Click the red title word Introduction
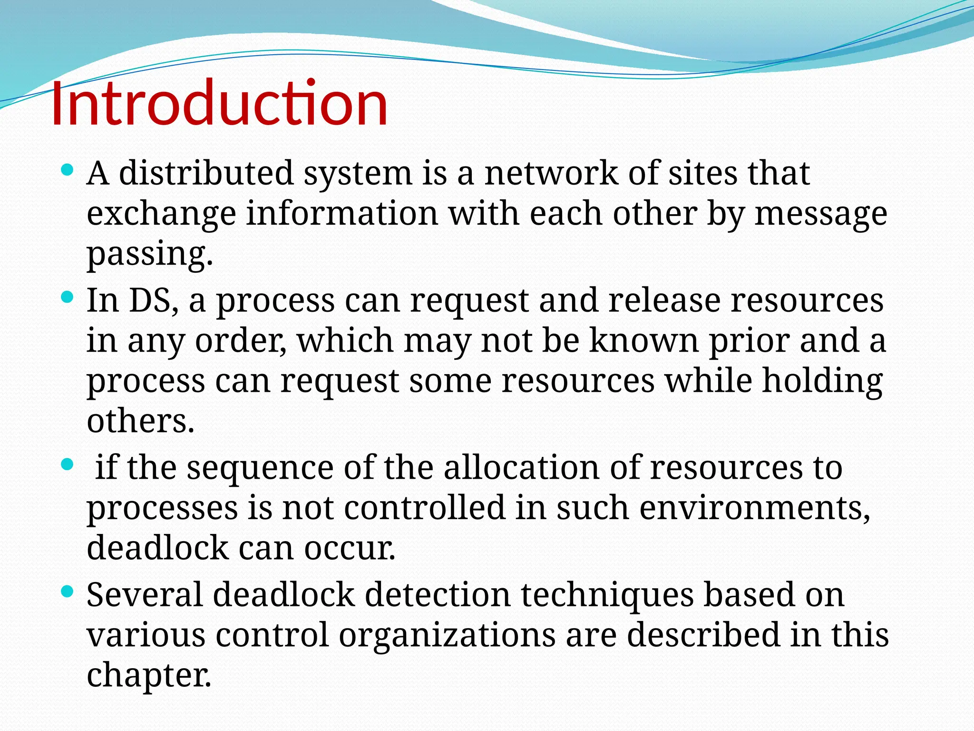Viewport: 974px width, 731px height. coord(219,104)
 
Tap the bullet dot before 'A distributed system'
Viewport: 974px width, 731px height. coord(68,169)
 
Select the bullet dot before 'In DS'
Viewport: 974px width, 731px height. coord(68,298)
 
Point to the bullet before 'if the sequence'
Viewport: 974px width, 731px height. coord(68,464)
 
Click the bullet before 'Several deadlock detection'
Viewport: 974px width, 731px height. coord(68,592)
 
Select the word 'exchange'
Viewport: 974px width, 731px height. coord(161,214)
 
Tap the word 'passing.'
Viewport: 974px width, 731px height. coord(149,254)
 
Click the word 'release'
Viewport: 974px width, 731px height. coord(664,301)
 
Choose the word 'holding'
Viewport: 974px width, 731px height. coord(822,382)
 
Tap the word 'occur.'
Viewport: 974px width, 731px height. coord(350,548)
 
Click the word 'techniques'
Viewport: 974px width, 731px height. coord(607,596)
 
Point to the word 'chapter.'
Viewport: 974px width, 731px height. coord(149,676)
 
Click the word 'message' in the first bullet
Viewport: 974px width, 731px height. coord(821,214)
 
